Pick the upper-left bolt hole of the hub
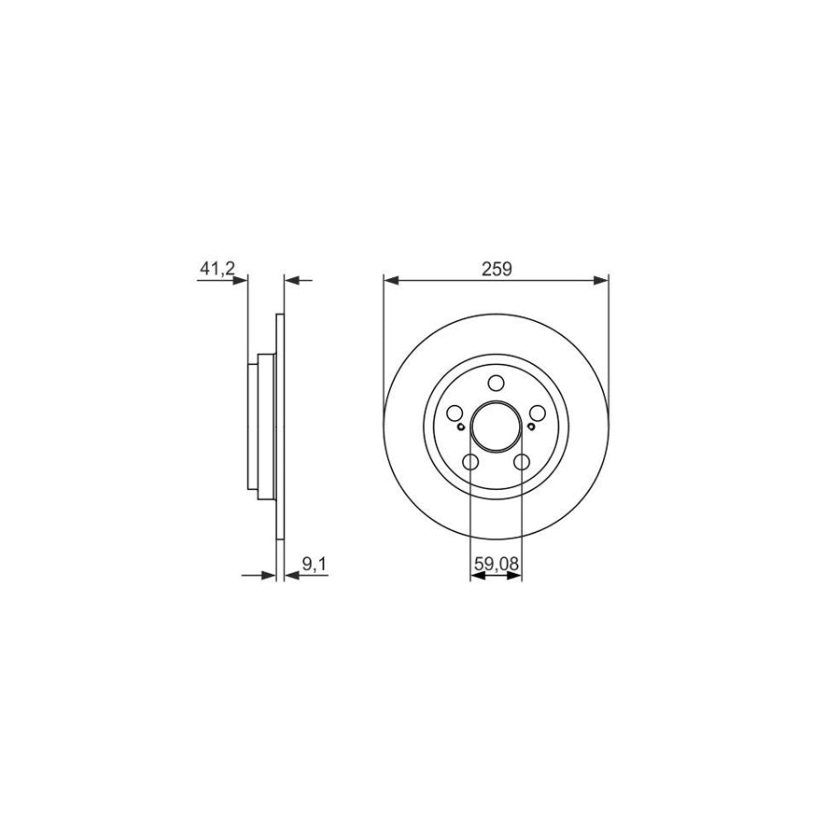point(455,413)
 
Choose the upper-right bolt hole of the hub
point(537,413)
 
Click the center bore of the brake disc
point(496,427)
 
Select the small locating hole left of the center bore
point(461,427)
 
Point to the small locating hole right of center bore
point(530,427)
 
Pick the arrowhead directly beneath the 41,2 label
point(242,279)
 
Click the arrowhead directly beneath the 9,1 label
point(291,576)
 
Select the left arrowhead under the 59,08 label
point(475,576)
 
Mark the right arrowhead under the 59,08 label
point(516,576)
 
